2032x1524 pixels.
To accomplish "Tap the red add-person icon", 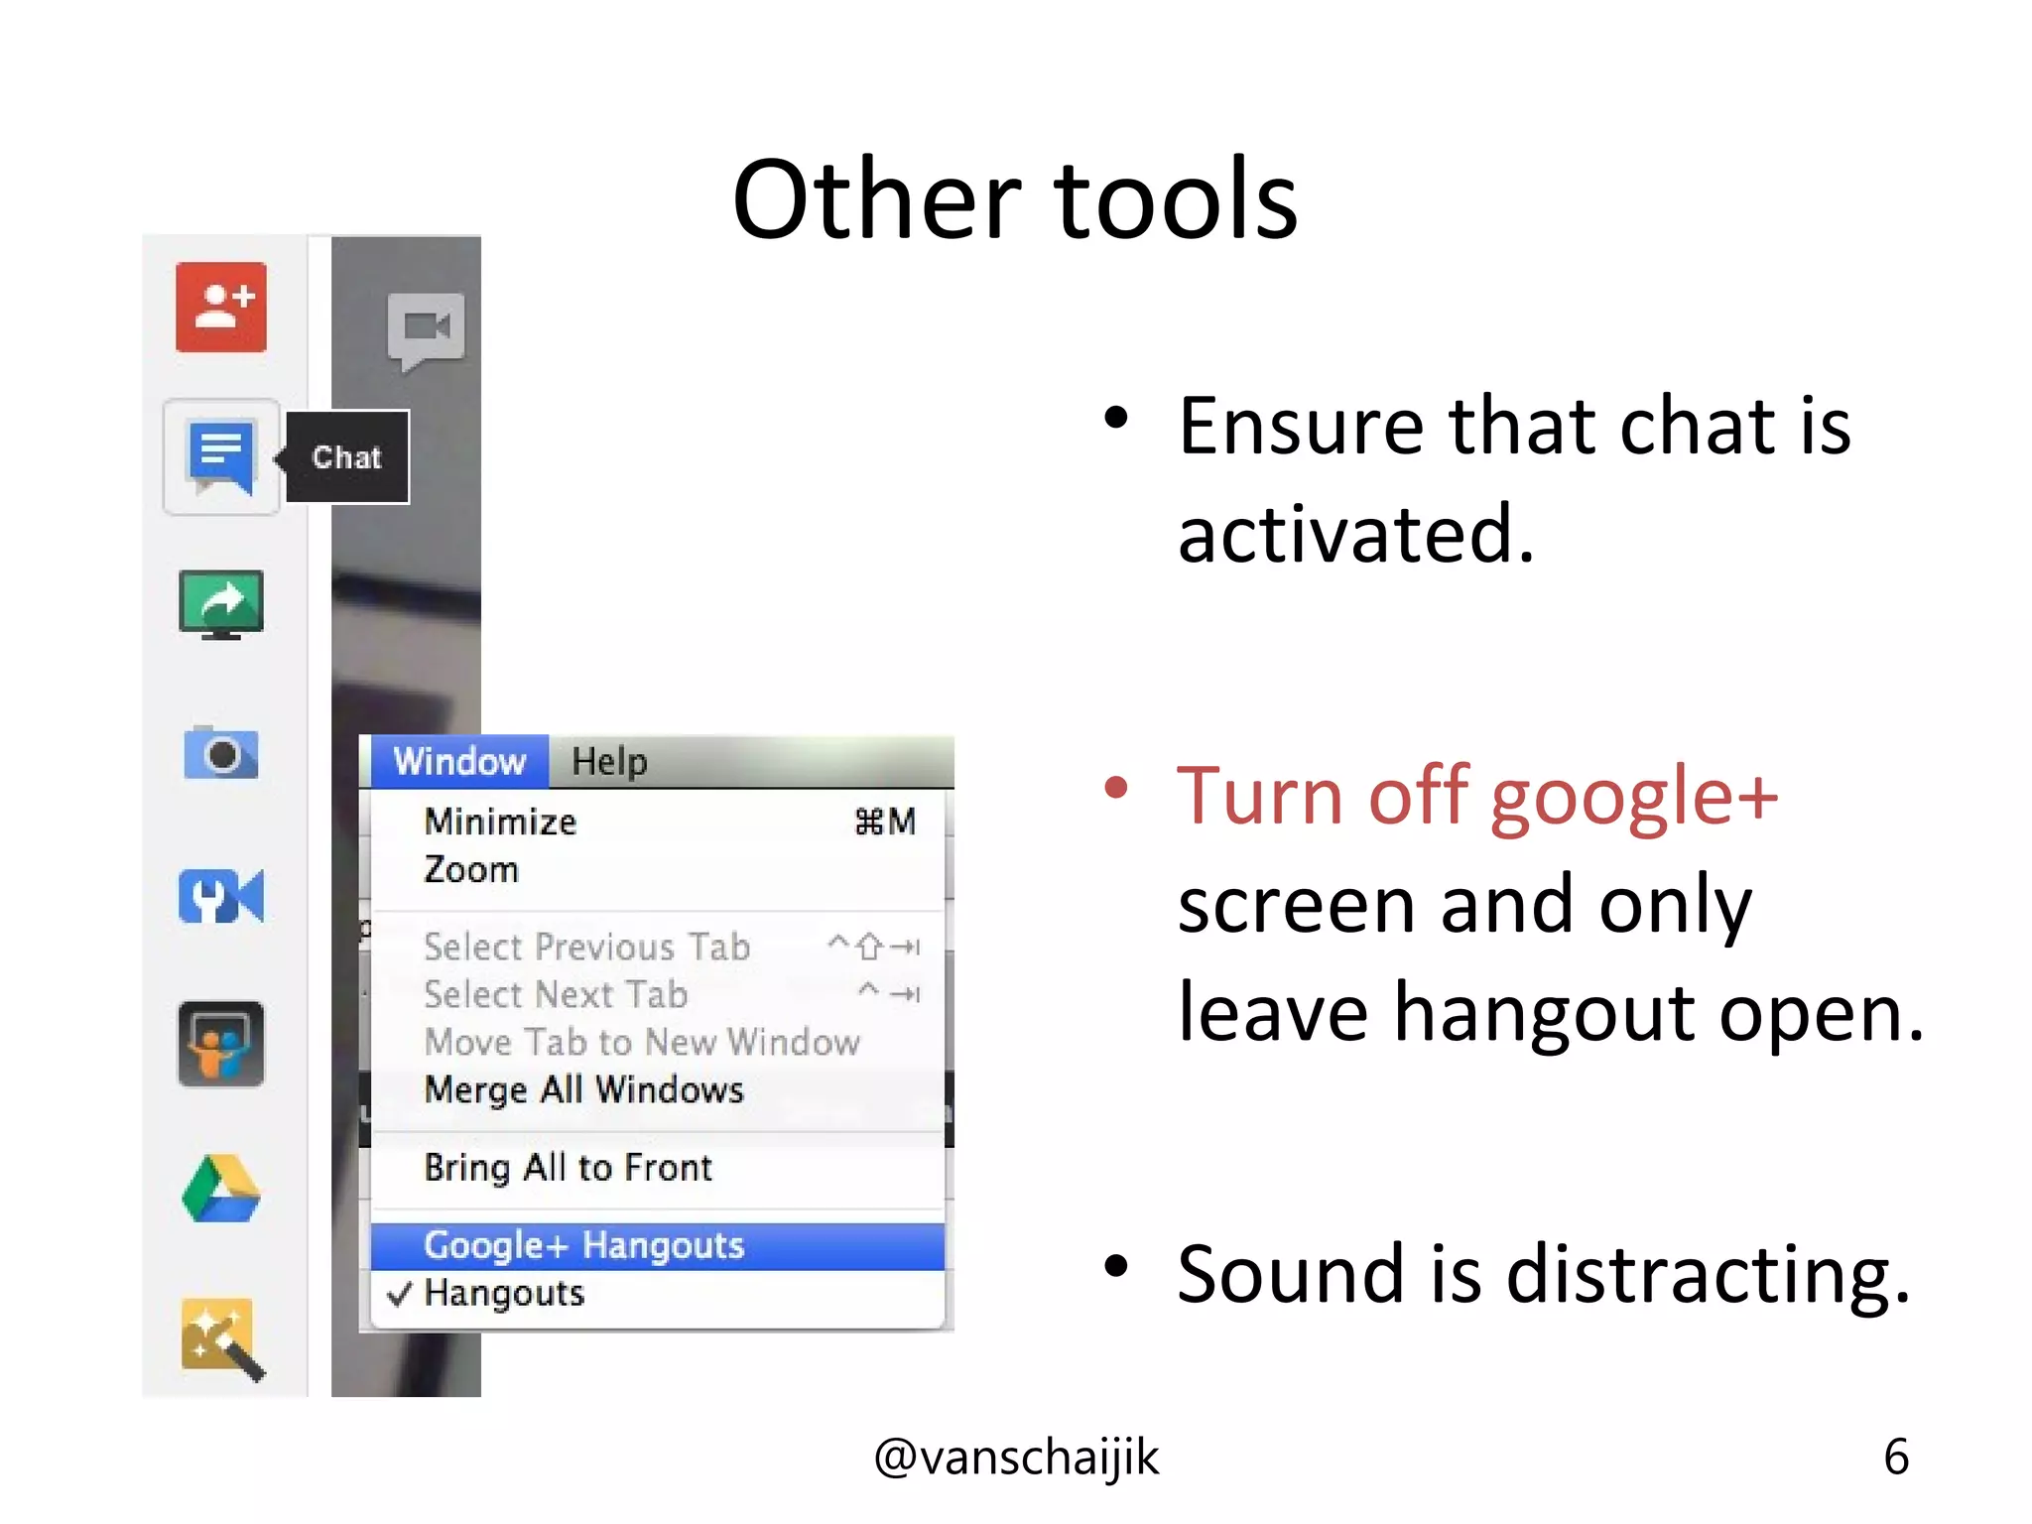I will pos(221,308).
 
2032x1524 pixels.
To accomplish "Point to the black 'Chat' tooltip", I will pos(347,457).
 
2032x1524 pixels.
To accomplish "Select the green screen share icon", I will pos(221,604).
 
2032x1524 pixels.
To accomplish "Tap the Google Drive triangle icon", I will pos(221,1189).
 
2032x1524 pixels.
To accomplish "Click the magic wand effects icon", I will pos(222,1338).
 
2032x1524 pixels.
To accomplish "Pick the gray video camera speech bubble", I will pos(426,328).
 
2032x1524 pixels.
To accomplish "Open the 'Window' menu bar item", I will pos(459,762).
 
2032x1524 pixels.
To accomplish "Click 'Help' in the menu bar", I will pos(609,762).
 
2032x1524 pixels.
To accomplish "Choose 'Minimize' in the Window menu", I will pos(500,822).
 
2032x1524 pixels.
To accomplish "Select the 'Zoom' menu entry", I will pos(471,870).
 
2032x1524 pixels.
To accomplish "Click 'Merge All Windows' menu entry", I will pos(583,1090).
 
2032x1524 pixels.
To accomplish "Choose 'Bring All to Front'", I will pos(568,1168).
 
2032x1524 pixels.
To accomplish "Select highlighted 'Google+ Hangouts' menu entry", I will pos(583,1245).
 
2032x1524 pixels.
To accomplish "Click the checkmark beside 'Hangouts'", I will pos(399,1294).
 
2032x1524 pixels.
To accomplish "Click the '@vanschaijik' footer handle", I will pos(1016,1458).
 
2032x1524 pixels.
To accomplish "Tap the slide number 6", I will pos(1895,1458).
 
